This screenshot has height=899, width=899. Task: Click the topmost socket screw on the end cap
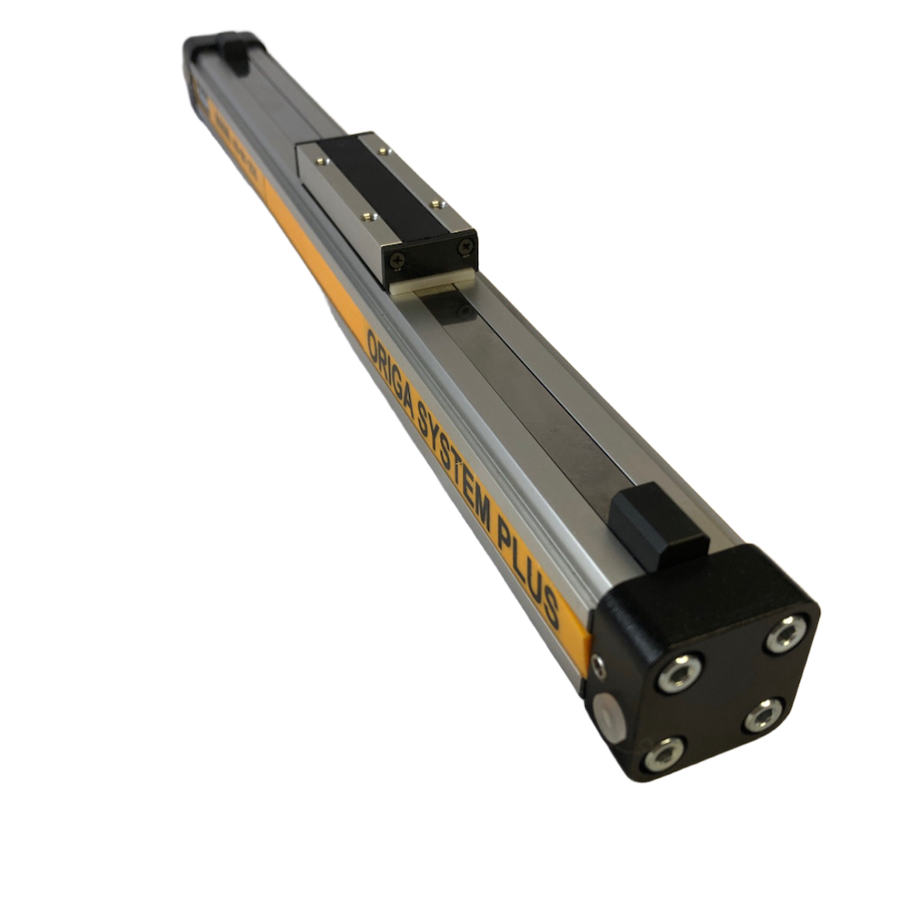[786, 634]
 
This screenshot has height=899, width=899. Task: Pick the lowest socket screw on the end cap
[663, 753]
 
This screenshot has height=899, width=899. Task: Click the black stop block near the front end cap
[658, 526]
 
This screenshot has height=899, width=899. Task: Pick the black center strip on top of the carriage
[378, 184]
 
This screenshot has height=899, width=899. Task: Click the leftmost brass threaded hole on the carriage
[320, 161]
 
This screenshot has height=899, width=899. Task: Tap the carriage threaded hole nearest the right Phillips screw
[437, 204]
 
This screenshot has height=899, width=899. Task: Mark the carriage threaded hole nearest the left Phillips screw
[369, 216]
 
